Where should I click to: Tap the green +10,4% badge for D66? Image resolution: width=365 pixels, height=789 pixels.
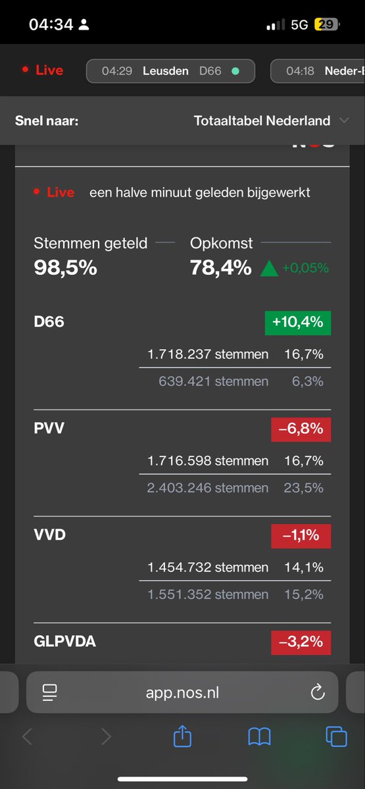[x=297, y=323]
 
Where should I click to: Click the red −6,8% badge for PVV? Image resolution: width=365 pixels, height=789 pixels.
[x=301, y=429]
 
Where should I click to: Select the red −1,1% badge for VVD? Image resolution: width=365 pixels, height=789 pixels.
[x=301, y=535]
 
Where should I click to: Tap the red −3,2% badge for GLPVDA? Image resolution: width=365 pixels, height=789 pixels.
[x=301, y=642]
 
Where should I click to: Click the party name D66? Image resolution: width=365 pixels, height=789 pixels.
[x=49, y=323]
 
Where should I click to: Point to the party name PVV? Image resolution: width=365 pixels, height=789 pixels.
[x=49, y=429]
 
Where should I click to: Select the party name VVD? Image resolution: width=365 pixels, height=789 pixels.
[x=50, y=535]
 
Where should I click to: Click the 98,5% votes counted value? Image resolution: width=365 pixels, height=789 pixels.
[x=65, y=268]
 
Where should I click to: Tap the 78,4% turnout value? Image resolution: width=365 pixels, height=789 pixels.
[x=220, y=268]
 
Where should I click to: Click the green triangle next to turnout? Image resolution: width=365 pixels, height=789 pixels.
[x=269, y=268]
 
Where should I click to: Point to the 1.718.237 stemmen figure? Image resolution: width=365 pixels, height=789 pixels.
[x=208, y=354]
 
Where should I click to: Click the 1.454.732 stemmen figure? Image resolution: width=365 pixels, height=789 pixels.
[x=208, y=567]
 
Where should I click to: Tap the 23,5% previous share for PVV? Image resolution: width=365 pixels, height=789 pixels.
[x=308, y=488]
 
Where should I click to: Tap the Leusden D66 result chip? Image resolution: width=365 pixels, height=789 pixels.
[x=171, y=70]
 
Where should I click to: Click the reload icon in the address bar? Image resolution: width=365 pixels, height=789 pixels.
[x=317, y=692]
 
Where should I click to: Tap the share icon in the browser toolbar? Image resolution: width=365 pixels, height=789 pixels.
[x=182, y=737]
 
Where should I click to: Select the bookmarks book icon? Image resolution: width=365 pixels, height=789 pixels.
[x=260, y=737]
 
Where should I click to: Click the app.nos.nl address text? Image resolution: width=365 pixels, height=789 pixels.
[x=183, y=692]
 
